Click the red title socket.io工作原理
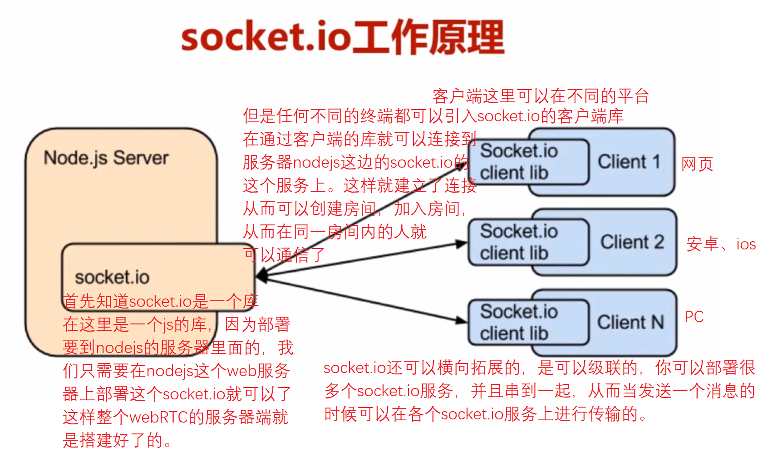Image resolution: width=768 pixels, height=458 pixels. point(343,37)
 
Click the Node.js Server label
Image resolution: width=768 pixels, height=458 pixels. point(106,158)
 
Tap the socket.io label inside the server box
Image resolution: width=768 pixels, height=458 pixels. point(112,277)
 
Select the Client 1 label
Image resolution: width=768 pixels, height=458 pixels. point(629,162)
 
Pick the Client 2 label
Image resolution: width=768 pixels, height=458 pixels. point(632,242)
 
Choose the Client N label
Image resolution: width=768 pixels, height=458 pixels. point(630,323)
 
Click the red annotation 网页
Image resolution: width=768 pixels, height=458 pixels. point(697,164)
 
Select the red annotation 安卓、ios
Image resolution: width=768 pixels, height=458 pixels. point(721,244)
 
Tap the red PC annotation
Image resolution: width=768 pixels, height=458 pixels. point(694,317)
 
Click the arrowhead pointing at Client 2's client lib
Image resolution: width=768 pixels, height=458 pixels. point(462,244)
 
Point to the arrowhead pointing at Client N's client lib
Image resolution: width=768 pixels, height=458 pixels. point(462,320)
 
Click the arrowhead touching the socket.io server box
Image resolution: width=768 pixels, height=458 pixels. point(261,275)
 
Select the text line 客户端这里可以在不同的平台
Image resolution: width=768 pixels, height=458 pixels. point(540,96)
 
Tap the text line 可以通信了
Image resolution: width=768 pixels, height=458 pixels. point(284,255)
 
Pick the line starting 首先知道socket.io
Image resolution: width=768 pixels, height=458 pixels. point(160,301)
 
